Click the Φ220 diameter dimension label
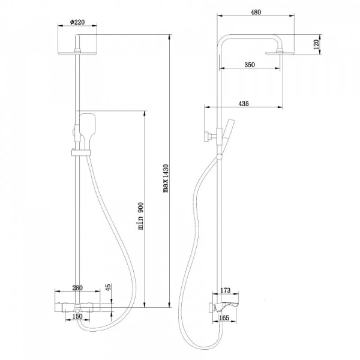click(77, 22)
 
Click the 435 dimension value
click(243, 104)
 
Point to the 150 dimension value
click(77, 316)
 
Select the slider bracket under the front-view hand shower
click(80, 151)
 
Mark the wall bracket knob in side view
click(208, 137)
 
